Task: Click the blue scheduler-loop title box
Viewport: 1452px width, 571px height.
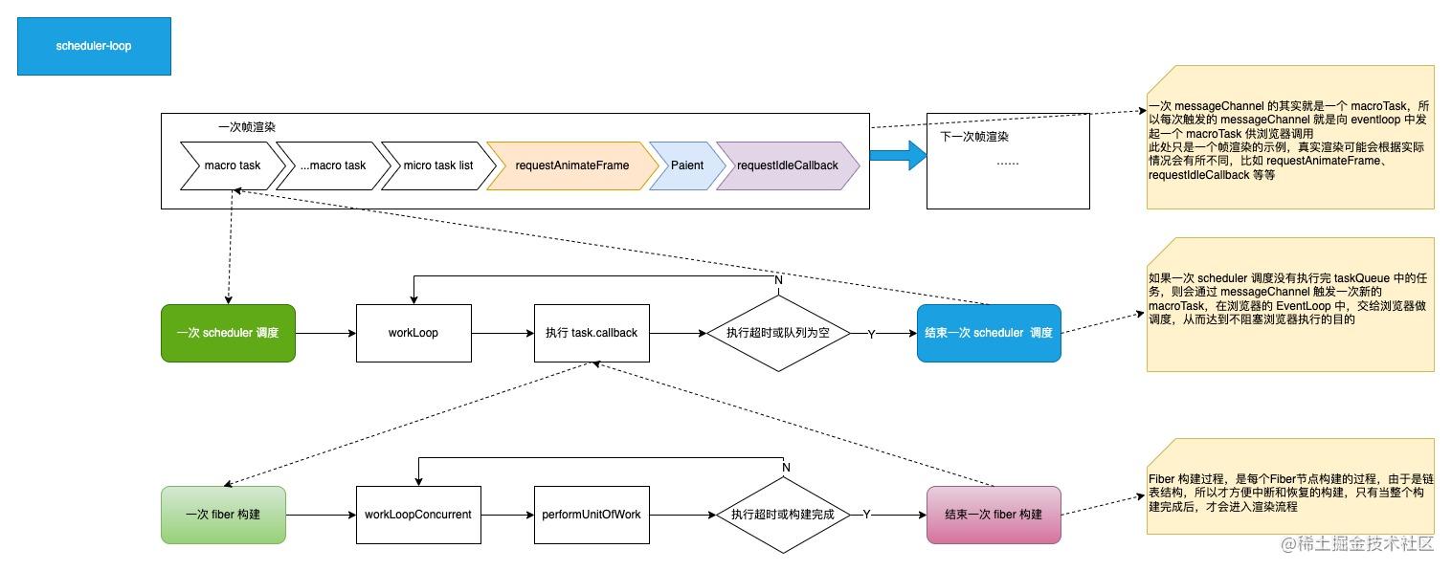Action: [94, 46]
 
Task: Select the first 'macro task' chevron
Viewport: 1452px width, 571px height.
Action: [233, 165]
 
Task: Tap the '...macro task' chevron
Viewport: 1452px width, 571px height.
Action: [332, 165]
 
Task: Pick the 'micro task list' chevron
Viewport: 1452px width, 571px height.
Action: [437, 165]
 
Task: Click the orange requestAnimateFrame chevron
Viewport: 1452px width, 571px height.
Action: [572, 165]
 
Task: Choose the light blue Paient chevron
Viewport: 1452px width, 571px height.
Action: [685, 165]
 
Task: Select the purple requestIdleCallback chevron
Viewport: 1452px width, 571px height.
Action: [787, 165]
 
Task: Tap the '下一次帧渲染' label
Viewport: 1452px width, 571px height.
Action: [974, 137]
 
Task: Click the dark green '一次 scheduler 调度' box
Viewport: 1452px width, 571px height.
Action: [228, 333]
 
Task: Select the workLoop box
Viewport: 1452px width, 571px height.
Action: [413, 333]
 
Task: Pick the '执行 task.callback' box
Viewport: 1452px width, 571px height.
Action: [591, 333]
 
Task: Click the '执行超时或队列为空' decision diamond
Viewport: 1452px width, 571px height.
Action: [776, 334]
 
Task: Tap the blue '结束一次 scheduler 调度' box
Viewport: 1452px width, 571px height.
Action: [988, 333]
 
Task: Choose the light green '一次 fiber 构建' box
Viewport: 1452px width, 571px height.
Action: [223, 515]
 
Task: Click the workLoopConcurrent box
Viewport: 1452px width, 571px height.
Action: [418, 515]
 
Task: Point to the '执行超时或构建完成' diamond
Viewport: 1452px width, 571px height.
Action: [783, 515]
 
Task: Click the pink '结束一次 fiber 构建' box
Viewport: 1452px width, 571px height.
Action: [994, 515]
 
